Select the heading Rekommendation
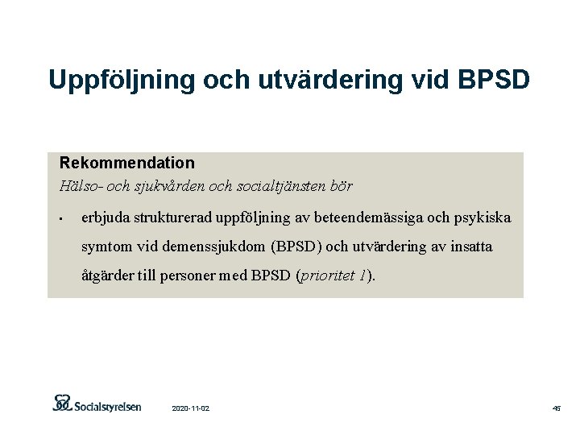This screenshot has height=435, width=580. click(127, 163)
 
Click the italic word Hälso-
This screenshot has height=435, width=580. click(79, 186)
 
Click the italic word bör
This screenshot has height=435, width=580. click(342, 186)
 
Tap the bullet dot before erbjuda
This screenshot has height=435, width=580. click(61, 219)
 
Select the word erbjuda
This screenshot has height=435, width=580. click(106, 218)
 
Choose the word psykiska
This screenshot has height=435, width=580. click(482, 218)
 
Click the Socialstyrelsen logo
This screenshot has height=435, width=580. click(97, 404)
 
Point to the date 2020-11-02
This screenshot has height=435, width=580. click(191, 409)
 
